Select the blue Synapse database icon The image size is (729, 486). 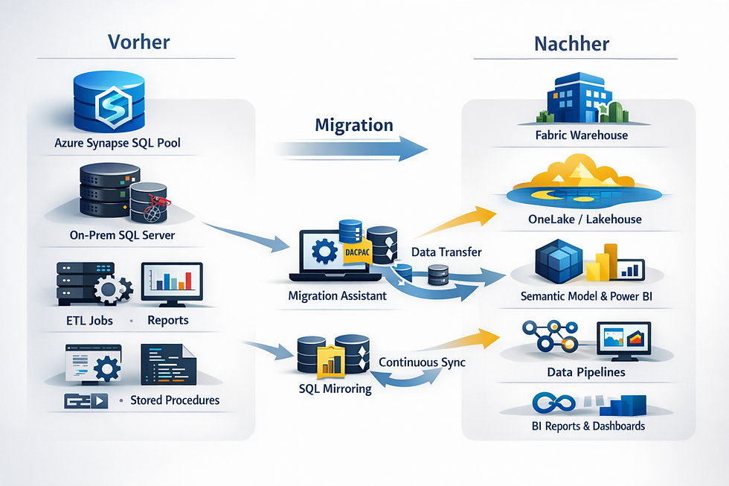point(109,101)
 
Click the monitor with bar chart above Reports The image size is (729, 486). point(172,284)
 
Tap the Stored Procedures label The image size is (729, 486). point(175,400)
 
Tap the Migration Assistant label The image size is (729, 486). point(337,295)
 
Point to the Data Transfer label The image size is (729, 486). point(446,252)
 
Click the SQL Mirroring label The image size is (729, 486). point(334,388)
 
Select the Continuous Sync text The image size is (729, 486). point(423,362)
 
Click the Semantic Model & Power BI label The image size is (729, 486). point(581,298)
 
